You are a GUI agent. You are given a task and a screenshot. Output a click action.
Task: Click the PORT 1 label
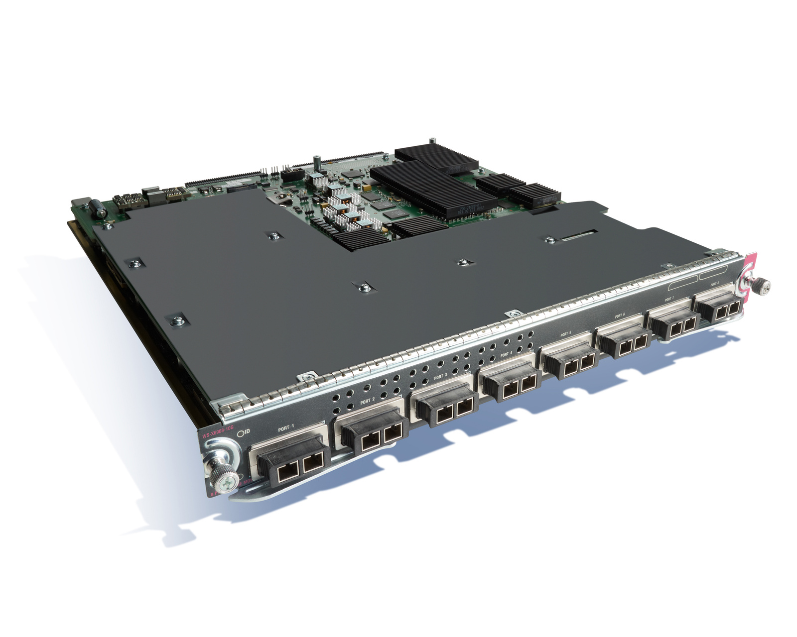coord(286,427)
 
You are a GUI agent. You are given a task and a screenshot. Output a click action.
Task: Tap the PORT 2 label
coord(367,401)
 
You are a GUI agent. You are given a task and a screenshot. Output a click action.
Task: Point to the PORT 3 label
coord(440,377)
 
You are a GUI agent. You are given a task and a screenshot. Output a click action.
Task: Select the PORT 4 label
coord(506,354)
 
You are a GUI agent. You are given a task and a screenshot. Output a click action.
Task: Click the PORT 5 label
coord(565,334)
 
